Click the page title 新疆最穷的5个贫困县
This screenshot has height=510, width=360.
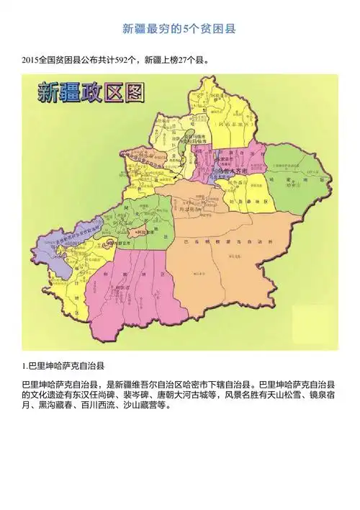coord(179,30)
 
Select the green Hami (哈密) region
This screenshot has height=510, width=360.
coord(295,176)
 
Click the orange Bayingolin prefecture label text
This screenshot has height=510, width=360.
coord(230,243)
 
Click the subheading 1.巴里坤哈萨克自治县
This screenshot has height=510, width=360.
coord(66,366)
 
